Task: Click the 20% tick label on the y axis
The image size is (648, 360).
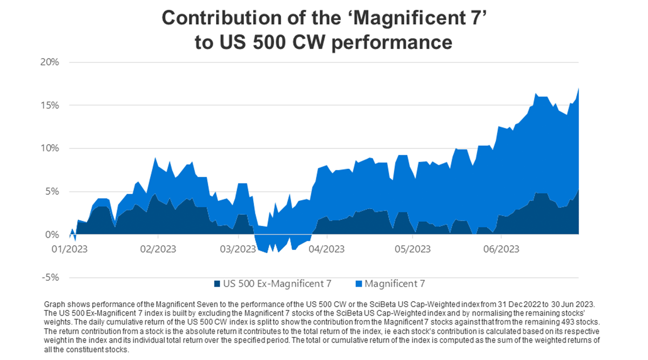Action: click(x=50, y=62)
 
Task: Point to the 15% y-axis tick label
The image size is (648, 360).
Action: click(x=50, y=105)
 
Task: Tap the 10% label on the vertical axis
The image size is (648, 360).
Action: click(x=50, y=148)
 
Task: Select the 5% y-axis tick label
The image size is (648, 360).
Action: click(x=52, y=192)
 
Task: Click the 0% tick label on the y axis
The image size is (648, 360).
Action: click(x=52, y=235)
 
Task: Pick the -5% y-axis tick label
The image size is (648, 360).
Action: click(x=51, y=278)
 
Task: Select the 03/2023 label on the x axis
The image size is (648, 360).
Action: click(x=238, y=249)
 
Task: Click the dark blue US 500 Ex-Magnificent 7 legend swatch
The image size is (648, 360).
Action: click(x=217, y=283)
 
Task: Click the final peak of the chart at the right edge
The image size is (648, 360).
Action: click(x=579, y=88)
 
